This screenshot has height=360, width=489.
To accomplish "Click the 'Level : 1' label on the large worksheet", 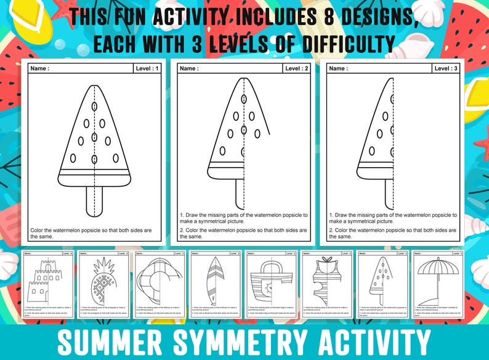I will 147,68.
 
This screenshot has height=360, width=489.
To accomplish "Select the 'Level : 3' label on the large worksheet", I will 446,68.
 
